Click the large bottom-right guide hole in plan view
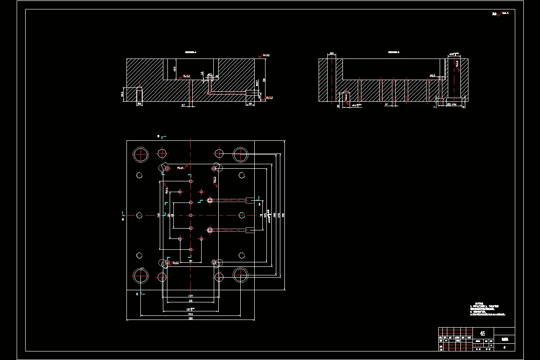241,275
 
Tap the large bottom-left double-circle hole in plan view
141,275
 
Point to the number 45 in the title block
482,333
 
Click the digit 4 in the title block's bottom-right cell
504,347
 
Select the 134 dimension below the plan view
191,296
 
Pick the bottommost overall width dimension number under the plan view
191,319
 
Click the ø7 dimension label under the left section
183,105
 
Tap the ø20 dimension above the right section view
331,54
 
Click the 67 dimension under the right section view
387,105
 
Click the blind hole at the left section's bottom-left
139,94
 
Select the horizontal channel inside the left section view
227,93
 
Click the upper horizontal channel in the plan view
229,200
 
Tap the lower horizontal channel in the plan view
229,230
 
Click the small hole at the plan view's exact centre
191,216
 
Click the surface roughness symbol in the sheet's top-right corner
500,13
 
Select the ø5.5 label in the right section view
432,76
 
